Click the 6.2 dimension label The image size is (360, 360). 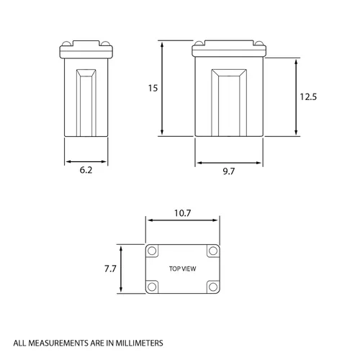86,170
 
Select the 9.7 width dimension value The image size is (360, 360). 229,171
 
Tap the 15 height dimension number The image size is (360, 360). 153,89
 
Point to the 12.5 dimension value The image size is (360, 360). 308,97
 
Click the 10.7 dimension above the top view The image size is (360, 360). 182,213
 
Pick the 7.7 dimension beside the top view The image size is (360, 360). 110,269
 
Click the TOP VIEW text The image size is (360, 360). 183,269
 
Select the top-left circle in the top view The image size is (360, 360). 152,251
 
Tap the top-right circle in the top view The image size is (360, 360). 213,251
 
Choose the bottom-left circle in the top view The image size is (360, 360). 152,287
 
